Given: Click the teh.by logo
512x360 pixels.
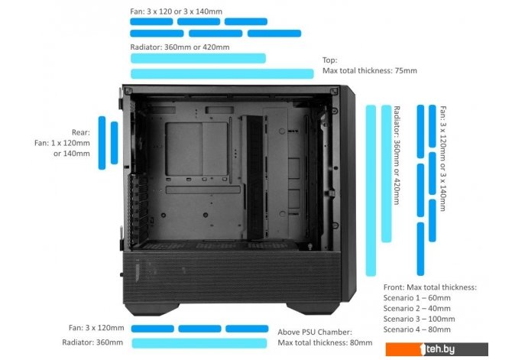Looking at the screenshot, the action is [x=437, y=349].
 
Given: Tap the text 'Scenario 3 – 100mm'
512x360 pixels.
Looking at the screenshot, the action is [x=420, y=319].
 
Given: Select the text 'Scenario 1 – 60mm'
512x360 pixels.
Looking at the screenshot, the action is [x=417, y=298].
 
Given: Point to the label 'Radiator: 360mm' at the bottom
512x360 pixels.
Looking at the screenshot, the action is [x=92, y=342].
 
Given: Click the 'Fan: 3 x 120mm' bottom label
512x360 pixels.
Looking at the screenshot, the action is [x=96, y=328].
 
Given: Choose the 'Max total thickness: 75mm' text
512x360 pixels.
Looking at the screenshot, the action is [x=370, y=70].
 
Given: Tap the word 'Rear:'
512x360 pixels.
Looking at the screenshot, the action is [x=81, y=132].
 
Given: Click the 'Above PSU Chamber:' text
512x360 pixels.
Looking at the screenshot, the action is [x=315, y=332].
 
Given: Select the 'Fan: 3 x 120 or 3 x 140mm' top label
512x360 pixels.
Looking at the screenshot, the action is [x=176, y=11].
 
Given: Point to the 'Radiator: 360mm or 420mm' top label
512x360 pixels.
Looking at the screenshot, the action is [x=180, y=47].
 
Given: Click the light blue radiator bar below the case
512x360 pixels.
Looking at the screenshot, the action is [x=199, y=343].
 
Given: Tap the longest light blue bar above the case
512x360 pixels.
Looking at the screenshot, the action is [x=222, y=74].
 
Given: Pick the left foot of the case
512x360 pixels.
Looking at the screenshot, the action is [x=152, y=309].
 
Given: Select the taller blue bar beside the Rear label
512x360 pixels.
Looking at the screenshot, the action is [x=102, y=143].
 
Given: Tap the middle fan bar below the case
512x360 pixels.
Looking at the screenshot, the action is [x=199, y=329].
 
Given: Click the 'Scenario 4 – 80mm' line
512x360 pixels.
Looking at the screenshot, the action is [x=417, y=329].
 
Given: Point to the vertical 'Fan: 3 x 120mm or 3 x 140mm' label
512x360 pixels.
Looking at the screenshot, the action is [x=442, y=158].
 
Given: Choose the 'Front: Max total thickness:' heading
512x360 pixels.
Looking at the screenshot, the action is [x=430, y=287].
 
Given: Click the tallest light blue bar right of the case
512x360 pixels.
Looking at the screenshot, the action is [x=371, y=190].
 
